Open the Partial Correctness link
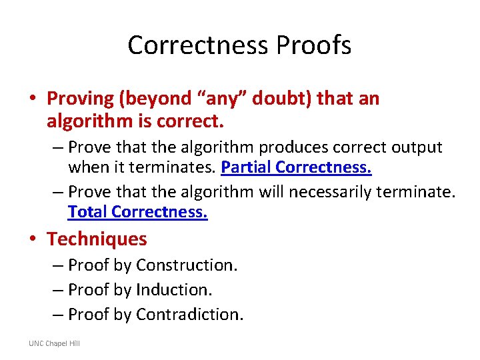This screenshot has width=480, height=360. tap(296, 167)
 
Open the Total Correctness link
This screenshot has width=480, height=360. tap(137, 212)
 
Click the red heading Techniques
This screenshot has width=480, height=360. tap(97, 239)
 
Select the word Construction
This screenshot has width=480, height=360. tap(186, 265)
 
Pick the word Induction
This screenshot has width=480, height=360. tap(173, 289)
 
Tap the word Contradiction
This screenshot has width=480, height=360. tap(189, 314)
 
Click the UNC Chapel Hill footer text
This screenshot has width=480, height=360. tap(54, 343)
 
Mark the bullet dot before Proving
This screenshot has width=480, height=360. tap(33, 99)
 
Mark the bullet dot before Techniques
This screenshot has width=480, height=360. tap(33, 239)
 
